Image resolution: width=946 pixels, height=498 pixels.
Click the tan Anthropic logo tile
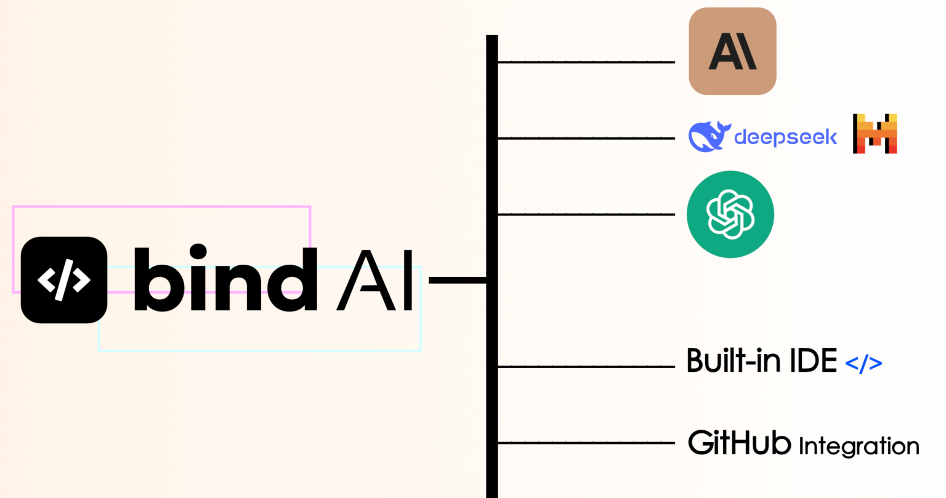pyautogui.click(x=732, y=51)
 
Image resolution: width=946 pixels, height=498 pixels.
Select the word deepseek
pyautogui.click(x=785, y=137)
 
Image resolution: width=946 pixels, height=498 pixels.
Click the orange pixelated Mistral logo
pyautogui.click(x=875, y=134)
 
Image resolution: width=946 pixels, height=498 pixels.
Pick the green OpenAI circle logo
pyautogui.click(x=730, y=214)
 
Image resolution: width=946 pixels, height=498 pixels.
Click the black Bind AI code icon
pyautogui.click(x=64, y=280)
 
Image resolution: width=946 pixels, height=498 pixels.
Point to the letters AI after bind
pyautogui.click(x=374, y=280)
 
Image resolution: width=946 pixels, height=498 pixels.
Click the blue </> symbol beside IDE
pyautogui.click(x=863, y=363)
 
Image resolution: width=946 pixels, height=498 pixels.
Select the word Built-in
pyautogui.click(x=731, y=361)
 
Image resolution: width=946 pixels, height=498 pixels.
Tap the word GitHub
pyautogui.click(x=739, y=443)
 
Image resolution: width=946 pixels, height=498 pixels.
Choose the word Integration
pyautogui.click(x=859, y=446)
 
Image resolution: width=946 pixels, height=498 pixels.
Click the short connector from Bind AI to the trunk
pyautogui.click(x=457, y=280)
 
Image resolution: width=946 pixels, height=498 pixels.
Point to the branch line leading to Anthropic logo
pyautogui.click(x=585, y=62)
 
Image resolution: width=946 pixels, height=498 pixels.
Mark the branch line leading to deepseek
pyautogui.click(x=585, y=139)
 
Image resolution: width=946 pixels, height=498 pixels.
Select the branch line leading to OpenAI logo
pyautogui.click(x=585, y=214)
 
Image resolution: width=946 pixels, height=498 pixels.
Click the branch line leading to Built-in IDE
pyautogui.click(x=585, y=367)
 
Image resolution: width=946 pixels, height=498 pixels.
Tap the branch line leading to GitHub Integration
pyautogui.click(x=585, y=443)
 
